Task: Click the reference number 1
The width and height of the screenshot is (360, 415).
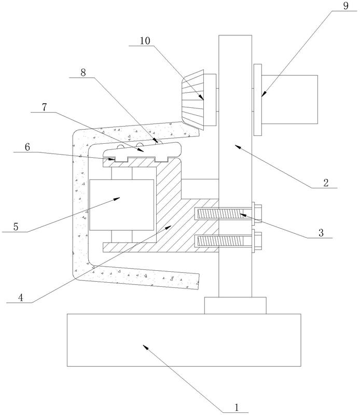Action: coord(237,407)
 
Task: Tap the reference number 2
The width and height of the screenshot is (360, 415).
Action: coord(326,183)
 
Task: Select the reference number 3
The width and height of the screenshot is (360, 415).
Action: coord(321,232)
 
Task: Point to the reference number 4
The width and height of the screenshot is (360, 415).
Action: coord(20,297)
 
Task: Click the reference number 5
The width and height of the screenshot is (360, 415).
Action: coord(16,227)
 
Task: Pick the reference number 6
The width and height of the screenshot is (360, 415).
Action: coord(27,147)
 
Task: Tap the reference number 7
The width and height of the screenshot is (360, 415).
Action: coord(44,107)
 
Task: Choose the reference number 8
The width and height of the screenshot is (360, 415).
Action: coord(83,72)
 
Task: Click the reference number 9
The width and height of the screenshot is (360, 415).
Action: coord(345,6)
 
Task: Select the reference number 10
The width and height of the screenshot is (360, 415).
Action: coord(145,41)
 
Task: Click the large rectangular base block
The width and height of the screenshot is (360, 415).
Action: coord(184,340)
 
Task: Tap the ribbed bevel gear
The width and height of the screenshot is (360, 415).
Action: coord(192,100)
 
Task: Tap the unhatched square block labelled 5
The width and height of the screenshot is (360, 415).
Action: coord(121,205)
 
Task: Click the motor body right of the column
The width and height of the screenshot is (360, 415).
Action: coord(289,100)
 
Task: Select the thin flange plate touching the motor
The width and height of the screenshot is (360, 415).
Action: coord(258,100)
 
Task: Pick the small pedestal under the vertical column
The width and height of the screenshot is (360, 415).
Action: coord(235,306)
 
